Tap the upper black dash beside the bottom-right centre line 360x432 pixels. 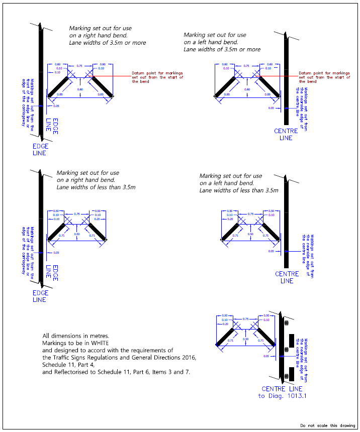(x=291, y=340)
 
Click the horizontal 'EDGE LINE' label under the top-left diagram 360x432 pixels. (x=40, y=150)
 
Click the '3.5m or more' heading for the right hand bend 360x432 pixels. (x=108, y=43)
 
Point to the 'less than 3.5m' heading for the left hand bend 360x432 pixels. (x=239, y=191)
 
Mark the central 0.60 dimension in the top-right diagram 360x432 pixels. (x=247, y=89)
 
